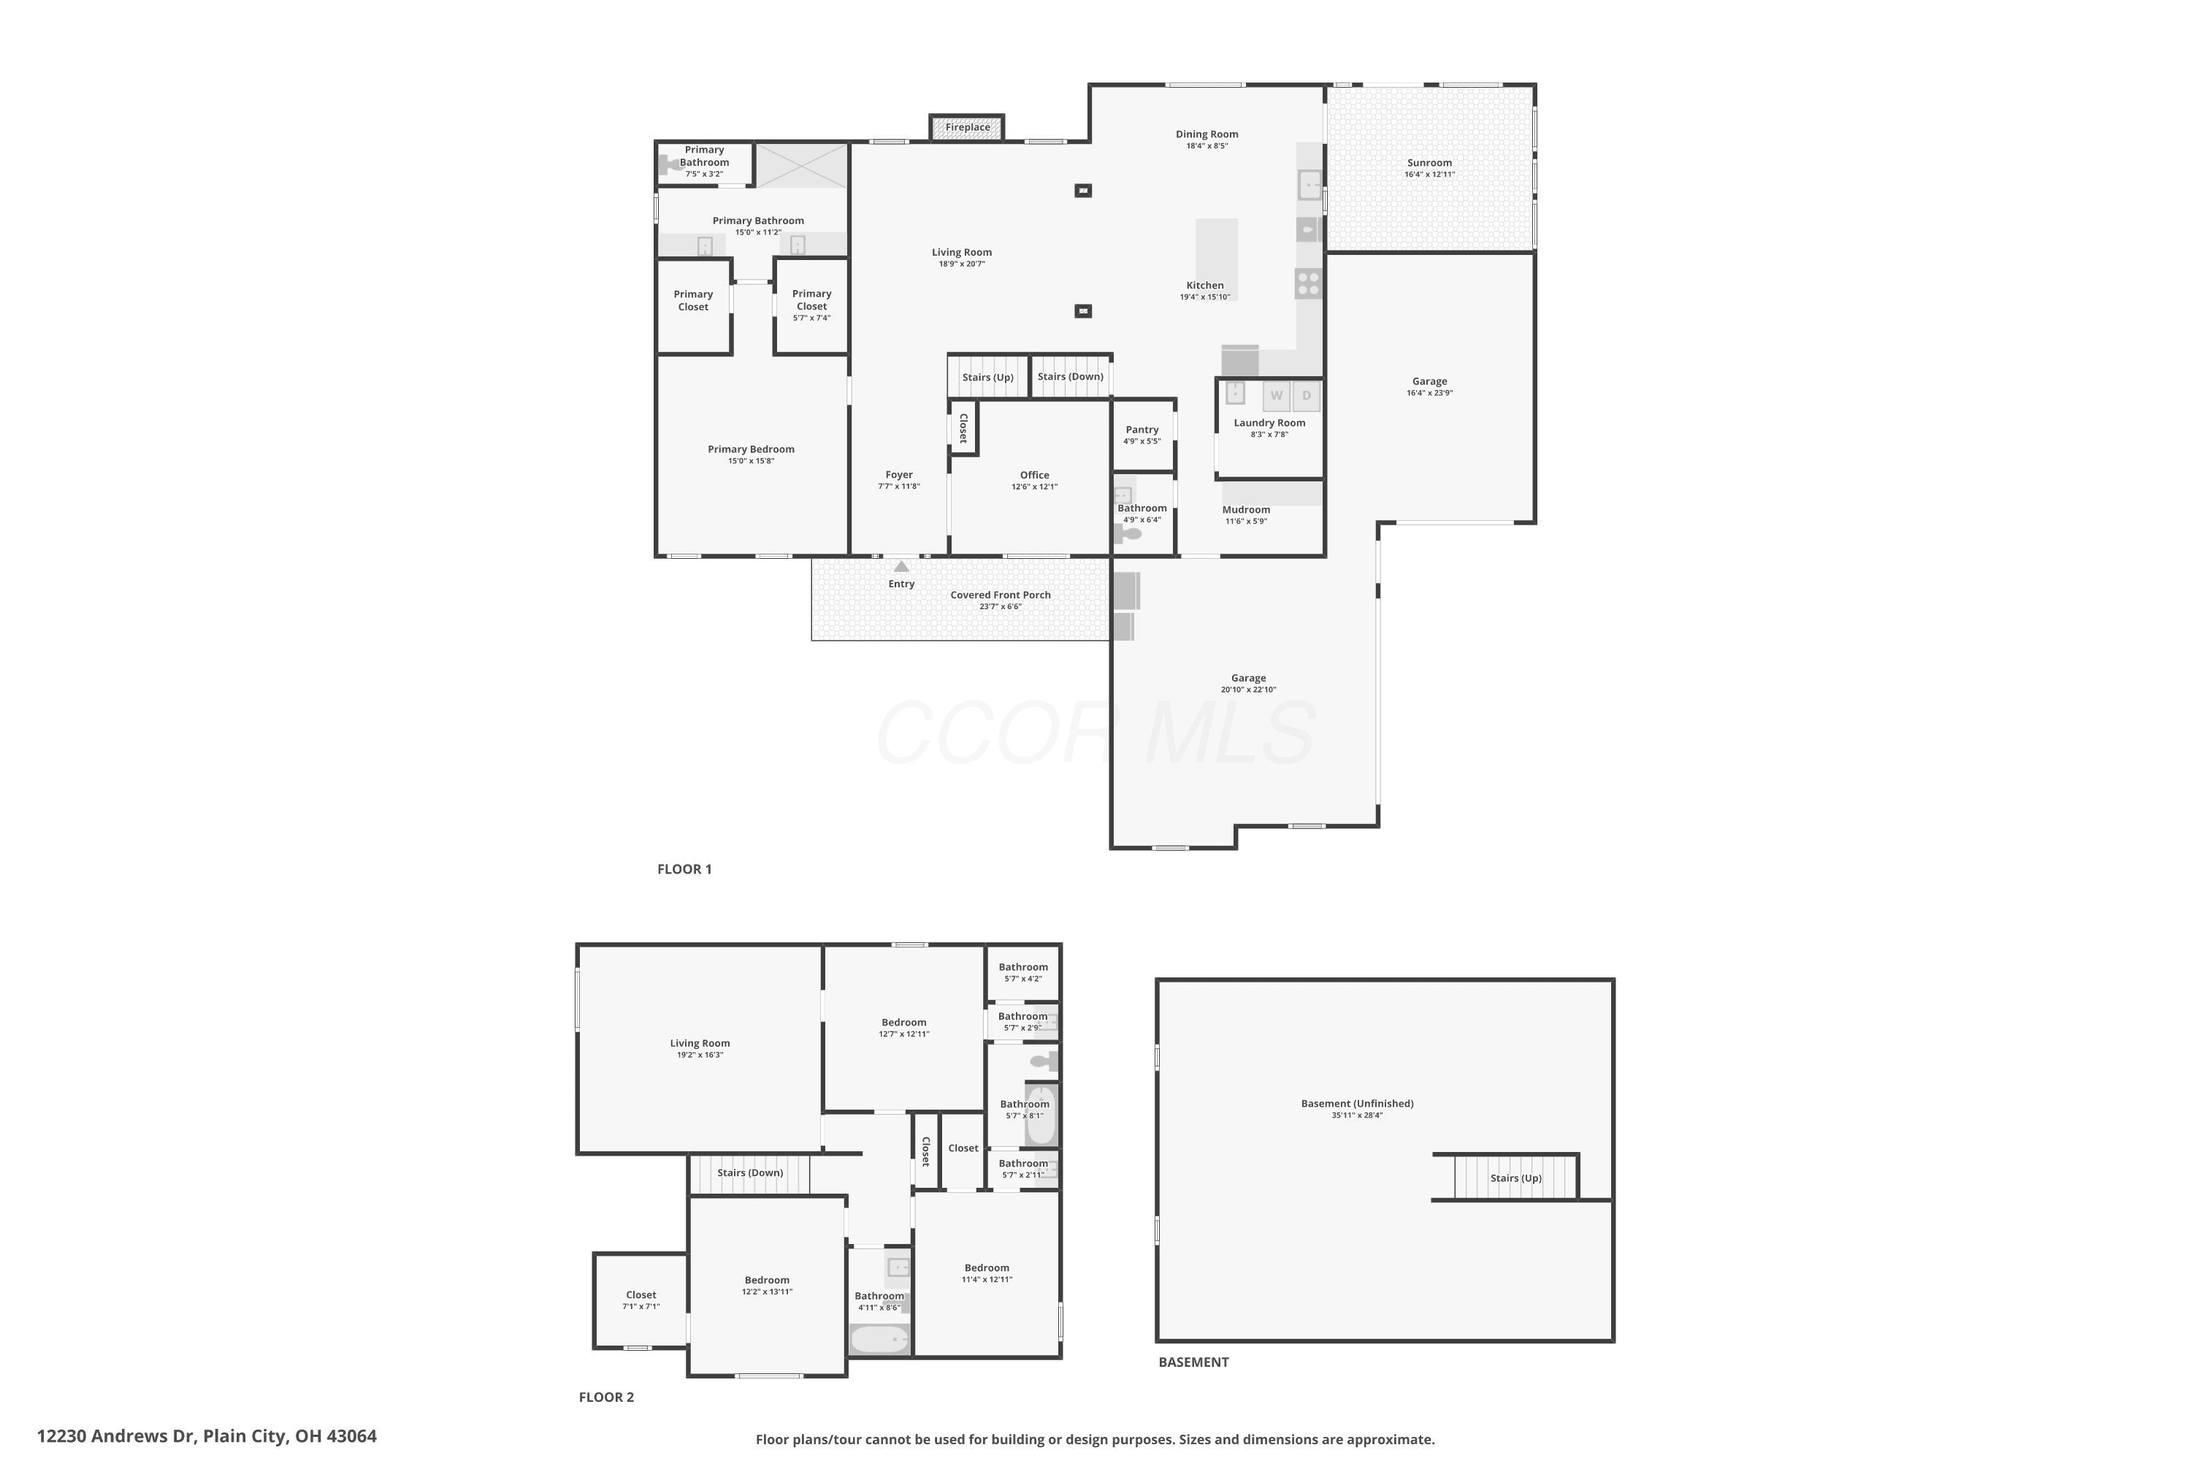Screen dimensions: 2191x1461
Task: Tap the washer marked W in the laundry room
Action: pyautogui.click(x=1276, y=396)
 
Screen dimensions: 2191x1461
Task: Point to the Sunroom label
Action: pyautogui.click(x=1429, y=163)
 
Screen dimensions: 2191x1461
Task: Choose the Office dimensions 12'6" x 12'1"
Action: pyautogui.click(x=1034, y=487)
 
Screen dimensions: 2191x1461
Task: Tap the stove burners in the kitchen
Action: pyautogui.click(x=1308, y=283)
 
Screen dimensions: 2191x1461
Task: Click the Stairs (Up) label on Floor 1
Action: pyautogui.click(x=987, y=378)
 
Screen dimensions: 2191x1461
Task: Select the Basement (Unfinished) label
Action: pyautogui.click(x=1356, y=1104)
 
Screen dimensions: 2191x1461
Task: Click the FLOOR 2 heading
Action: pyautogui.click(x=606, y=1397)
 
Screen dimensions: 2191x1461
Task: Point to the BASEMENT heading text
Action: pyautogui.click(x=1193, y=1362)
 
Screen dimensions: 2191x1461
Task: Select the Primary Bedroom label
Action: pyautogui.click(x=751, y=449)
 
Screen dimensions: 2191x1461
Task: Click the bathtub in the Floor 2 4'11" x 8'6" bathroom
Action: pyautogui.click(x=879, y=1340)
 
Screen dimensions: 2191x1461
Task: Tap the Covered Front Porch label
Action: pyautogui.click(x=1001, y=595)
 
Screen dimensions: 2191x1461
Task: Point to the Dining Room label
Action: pyautogui.click(x=1207, y=134)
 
